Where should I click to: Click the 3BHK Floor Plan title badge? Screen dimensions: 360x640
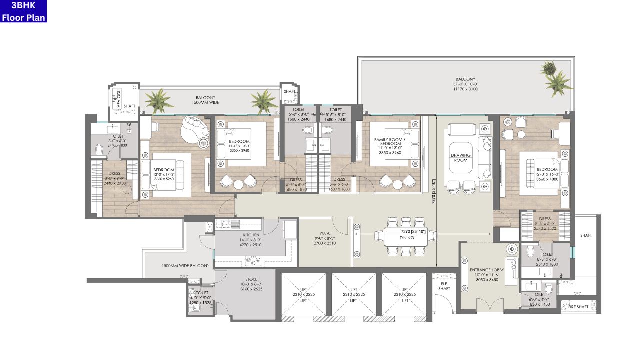[23, 11]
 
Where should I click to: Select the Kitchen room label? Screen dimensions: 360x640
[251, 235]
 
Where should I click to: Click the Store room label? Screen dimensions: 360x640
[251, 279]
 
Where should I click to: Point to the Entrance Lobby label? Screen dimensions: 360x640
[487, 270]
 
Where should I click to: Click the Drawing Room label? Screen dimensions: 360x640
[461, 158]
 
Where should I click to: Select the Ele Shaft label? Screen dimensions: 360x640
[443, 286]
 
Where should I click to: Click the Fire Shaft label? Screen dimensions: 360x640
[578, 306]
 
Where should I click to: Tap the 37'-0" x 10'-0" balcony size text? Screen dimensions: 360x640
[465, 85]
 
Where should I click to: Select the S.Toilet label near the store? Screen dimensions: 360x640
[201, 293]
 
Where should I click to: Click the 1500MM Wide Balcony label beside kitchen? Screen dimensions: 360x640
[185, 266]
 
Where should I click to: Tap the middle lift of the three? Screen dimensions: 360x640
[354, 295]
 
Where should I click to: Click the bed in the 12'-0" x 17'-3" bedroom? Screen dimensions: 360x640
[165, 175]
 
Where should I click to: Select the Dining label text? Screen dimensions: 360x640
[407, 238]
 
